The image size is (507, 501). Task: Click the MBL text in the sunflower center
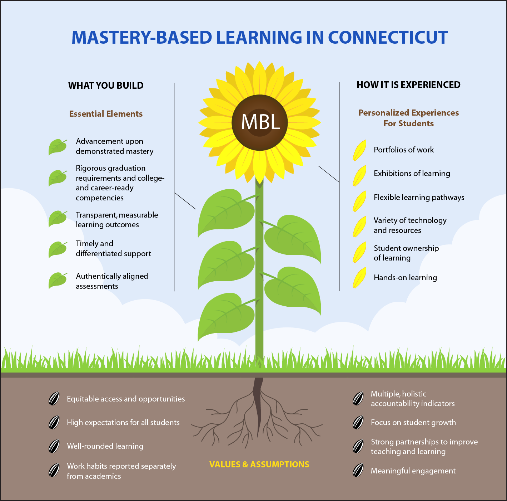pos(260,122)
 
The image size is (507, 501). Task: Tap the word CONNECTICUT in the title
pos(388,38)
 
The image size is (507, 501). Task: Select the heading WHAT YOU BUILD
pos(106,86)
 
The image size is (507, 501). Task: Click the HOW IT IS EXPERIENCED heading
pos(408,85)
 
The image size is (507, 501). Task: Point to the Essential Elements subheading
pos(106,114)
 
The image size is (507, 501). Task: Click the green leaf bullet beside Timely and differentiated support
pos(57,249)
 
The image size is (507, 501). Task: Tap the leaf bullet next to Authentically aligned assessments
pos(57,280)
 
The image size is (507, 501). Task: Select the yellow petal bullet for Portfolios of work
pos(359,150)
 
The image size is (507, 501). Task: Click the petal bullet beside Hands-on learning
pos(359,278)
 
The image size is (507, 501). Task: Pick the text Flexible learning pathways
pos(419,198)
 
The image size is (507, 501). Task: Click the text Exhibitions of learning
pos(412,174)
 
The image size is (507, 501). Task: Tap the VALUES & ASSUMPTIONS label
pos(259,464)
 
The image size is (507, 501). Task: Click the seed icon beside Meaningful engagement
pos(358,471)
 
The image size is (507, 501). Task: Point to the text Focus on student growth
pos(413,423)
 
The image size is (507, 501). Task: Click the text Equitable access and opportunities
pos(126,399)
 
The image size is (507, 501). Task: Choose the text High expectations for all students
pos(123,423)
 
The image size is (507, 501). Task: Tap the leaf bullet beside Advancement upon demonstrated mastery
pos(57,147)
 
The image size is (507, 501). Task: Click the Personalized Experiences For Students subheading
pos(408,118)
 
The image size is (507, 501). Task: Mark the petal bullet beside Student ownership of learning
pos(359,252)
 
